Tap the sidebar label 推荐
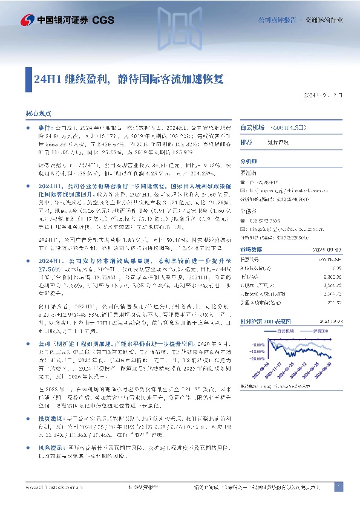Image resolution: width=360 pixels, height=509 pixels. pyautogui.click(x=246, y=142)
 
